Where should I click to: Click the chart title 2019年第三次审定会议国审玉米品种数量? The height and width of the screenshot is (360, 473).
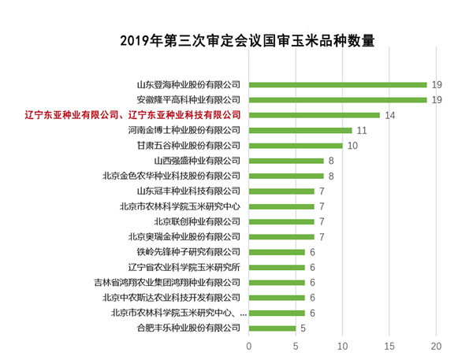[236, 40]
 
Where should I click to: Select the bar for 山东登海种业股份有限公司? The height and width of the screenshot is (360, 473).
[337, 84]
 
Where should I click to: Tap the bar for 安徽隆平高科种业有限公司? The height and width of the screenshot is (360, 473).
[337, 99]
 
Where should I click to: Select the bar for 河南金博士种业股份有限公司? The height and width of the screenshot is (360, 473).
[300, 130]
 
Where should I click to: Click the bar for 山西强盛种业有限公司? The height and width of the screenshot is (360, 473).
[286, 161]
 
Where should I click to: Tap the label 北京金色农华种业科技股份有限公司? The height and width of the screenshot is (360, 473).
[172, 176]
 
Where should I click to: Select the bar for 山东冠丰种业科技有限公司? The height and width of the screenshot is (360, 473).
[281, 191]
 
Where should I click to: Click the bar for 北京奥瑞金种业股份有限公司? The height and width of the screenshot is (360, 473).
[281, 236]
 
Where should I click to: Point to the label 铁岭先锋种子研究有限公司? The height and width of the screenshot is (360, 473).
[188, 252]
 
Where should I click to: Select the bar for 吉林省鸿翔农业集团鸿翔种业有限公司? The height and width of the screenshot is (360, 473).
[277, 282]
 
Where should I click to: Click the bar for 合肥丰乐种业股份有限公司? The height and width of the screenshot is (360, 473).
[272, 328]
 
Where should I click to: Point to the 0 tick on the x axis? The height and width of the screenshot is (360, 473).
[249, 345]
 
